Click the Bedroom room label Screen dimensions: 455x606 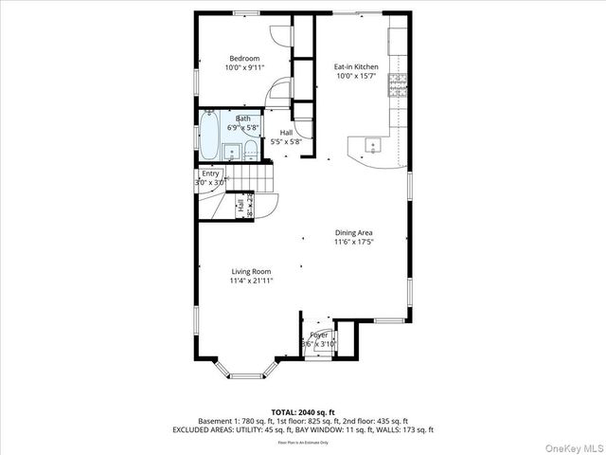coord(243,58)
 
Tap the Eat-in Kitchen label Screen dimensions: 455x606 coord(356,67)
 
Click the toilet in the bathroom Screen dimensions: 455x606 coord(251,149)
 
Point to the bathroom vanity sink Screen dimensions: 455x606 coord(230,150)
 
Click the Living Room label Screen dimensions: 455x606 coord(251,271)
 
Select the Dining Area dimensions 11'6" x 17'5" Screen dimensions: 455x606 coord(353,242)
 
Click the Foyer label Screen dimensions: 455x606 coord(319,336)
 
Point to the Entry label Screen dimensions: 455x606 coord(210,173)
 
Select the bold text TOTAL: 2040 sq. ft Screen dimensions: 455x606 coord(302,411)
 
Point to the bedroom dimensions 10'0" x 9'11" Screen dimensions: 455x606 coord(243,67)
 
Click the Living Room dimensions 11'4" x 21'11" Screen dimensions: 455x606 coord(251,281)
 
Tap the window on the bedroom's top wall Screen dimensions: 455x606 coord(246,12)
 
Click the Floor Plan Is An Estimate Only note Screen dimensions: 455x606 coord(302,442)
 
